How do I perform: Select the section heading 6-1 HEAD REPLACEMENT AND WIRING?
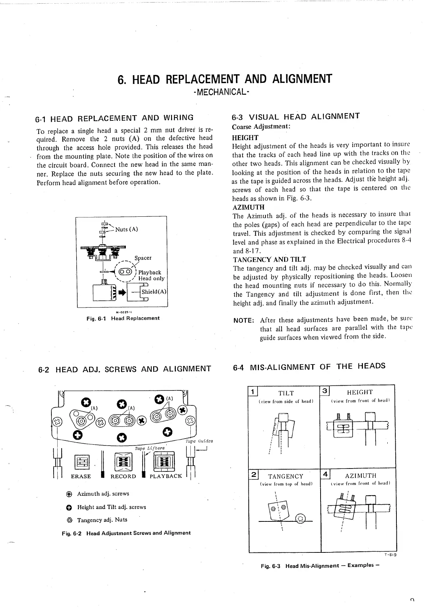tap(114, 118)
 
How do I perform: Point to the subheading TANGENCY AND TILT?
tap(270, 259)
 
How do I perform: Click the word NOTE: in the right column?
tap(244, 320)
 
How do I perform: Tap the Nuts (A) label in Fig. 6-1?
tap(126, 229)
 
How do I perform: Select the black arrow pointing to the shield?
tap(121, 292)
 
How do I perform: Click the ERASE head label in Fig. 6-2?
tap(81, 476)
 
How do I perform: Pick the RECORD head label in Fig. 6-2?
tap(123, 476)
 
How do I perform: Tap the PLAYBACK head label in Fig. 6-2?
tap(166, 476)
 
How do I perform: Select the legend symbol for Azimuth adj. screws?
tap(69, 494)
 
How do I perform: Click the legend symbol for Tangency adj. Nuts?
tap(69, 520)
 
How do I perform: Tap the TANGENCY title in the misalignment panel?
tap(286, 476)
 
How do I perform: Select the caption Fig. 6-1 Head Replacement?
tap(123, 318)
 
